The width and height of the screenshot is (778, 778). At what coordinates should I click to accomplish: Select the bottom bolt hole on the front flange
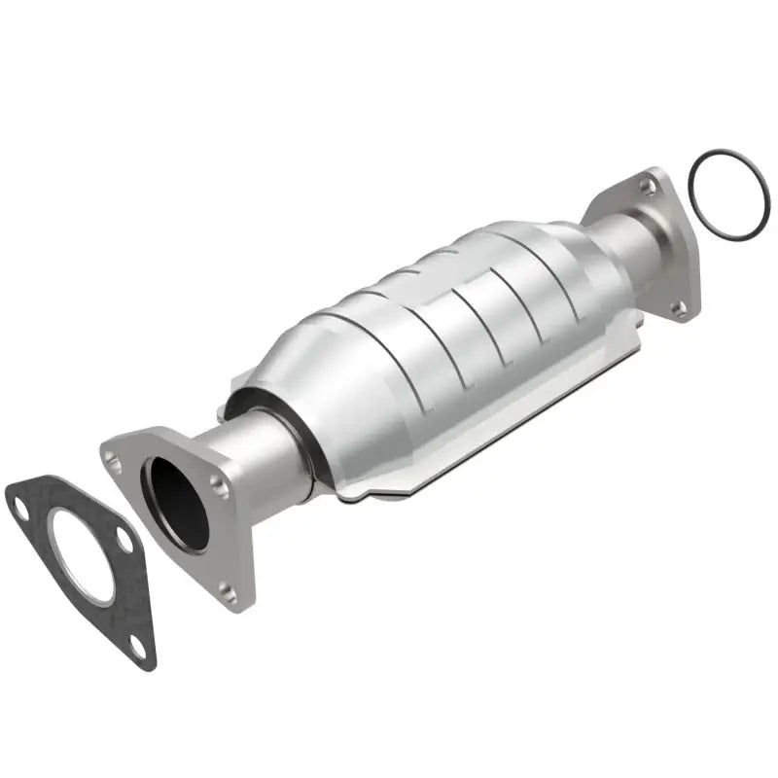227,590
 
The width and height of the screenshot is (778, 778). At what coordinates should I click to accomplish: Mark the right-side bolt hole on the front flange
221,486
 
